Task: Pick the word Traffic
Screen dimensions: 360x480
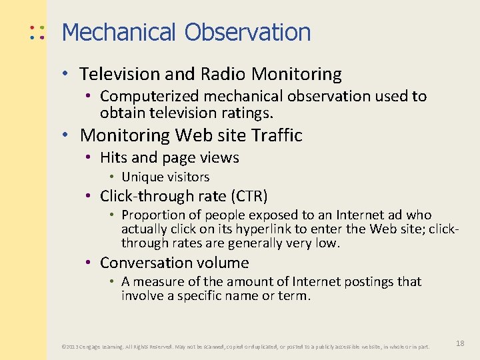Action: coord(277,135)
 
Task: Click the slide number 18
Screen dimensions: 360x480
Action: coord(460,343)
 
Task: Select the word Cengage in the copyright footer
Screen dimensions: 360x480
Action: coord(92,347)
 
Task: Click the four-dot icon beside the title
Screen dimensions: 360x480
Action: coord(37,32)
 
